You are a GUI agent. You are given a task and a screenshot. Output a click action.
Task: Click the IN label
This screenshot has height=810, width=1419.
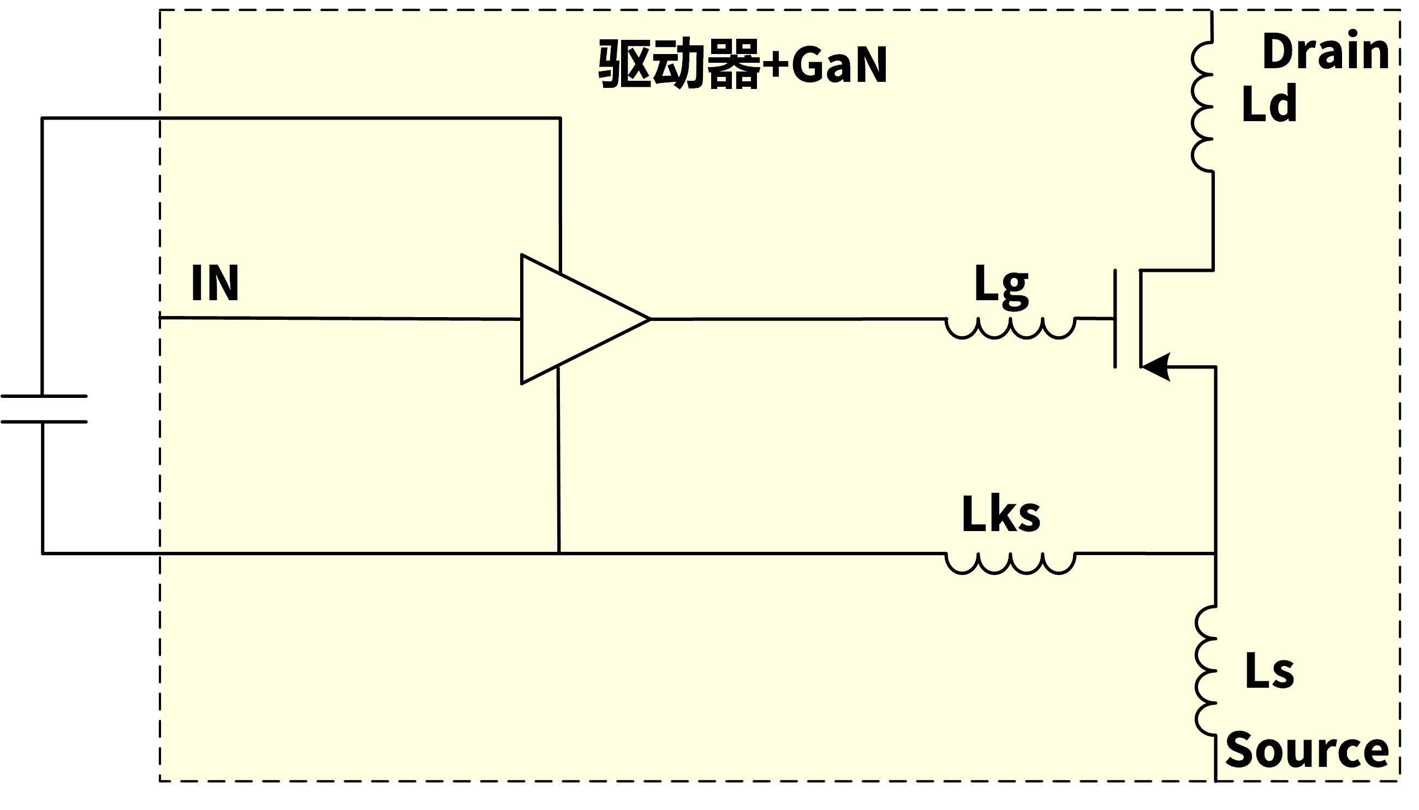pyautogui.click(x=214, y=283)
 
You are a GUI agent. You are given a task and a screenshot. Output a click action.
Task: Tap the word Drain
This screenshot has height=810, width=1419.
pyautogui.click(x=1326, y=52)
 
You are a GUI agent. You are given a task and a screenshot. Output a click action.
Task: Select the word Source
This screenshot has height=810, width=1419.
pyautogui.click(x=1307, y=750)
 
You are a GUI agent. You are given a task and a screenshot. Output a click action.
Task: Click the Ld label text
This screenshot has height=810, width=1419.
pyautogui.click(x=1269, y=104)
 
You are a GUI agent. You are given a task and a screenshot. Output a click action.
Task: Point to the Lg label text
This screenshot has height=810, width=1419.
pyautogui.click(x=1001, y=287)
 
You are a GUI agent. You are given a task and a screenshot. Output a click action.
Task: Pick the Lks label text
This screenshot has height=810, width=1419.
pyautogui.click(x=1001, y=515)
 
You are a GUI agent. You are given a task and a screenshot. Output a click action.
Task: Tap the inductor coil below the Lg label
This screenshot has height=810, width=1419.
pyautogui.click(x=1010, y=328)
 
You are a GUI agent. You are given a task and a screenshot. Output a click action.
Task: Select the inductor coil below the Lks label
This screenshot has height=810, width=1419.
pyautogui.click(x=1010, y=562)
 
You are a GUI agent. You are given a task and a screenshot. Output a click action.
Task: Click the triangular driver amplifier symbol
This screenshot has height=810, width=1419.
pyautogui.click(x=573, y=319)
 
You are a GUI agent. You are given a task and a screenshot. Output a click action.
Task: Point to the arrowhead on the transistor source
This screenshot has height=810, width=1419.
pyautogui.click(x=1156, y=367)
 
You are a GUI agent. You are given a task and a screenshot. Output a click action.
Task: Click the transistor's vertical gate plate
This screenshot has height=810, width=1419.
pyautogui.click(x=1114, y=319)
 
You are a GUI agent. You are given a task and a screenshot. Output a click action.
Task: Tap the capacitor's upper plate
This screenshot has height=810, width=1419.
pyautogui.click(x=43, y=396)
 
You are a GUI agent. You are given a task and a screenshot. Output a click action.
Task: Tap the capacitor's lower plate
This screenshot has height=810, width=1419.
pyautogui.click(x=43, y=422)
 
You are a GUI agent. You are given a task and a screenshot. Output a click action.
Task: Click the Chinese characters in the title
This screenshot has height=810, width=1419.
pyautogui.click(x=678, y=64)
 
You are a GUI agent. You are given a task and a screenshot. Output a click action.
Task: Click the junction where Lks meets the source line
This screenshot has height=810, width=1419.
pyautogui.click(x=1215, y=553)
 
